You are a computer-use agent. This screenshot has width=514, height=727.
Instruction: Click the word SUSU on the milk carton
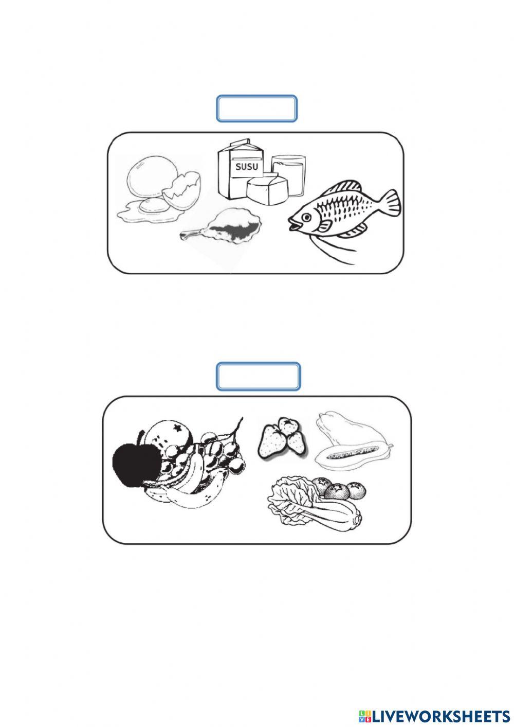[247, 167]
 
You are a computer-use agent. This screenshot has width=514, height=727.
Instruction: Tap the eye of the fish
[306, 217]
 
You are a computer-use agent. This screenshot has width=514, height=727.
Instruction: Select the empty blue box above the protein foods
[256, 109]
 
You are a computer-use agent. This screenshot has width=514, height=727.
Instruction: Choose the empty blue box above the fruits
[258, 377]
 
